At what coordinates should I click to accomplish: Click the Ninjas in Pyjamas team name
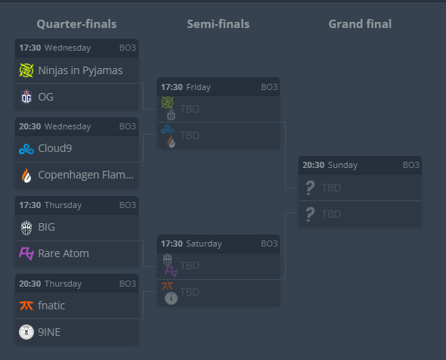tap(80, 70)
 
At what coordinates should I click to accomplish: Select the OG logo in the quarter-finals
tap(26, 97)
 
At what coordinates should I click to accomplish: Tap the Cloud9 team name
tap(55, 148)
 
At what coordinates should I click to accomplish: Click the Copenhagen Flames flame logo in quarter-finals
tap(26, 175)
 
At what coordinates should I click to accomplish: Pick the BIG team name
tap(46, 227)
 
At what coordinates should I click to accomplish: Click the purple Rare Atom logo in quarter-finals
tap(26, 253)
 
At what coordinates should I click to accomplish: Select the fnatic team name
tap(51, 306)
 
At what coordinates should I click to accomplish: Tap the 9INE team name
tap(49, 332)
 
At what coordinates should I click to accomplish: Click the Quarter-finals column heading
tap(76, 24)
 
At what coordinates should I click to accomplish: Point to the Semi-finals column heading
tap(218, 24)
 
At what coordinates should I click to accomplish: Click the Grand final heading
tap(360, 24)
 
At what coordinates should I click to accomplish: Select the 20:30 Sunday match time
tap(330, 165)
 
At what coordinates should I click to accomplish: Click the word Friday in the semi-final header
tap(198, 87)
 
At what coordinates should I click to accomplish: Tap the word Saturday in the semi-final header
tap(204, 244)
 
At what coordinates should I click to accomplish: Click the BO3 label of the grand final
tap(411, 165)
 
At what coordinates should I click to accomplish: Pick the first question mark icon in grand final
tap(310, 188)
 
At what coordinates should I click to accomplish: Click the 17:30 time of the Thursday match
tap(30, 205)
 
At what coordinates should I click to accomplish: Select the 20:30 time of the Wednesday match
tap(30, 126)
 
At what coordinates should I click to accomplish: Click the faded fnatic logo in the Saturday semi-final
tap(168, 286)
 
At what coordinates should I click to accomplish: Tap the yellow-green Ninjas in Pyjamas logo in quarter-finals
tap(26, 70)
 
